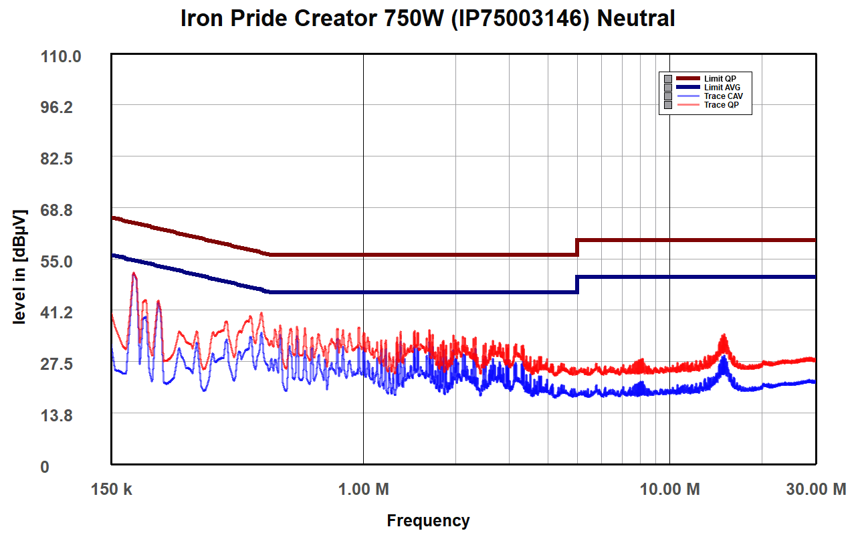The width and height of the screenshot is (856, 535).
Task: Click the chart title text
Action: pyautogui.click(x=428, y=19)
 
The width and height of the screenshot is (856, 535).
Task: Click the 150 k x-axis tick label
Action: pyautogui.click(x=111, y=490)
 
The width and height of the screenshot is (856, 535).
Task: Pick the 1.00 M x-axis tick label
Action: pyautogui.click(x=363, y=490)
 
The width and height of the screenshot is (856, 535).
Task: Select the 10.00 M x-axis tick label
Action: pyautogui.click(x=669, y=490)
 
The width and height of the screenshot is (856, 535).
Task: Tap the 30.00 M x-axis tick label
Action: pyautogui.click(x=815, y=490)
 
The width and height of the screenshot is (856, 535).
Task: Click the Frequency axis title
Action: pyautogui.click(x=428, y=521)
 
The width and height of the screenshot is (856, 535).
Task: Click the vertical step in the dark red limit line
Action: pyautogui.click(x=577, y=247)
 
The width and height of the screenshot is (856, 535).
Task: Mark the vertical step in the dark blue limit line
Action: pyautogui.click(x=577, y=284)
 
